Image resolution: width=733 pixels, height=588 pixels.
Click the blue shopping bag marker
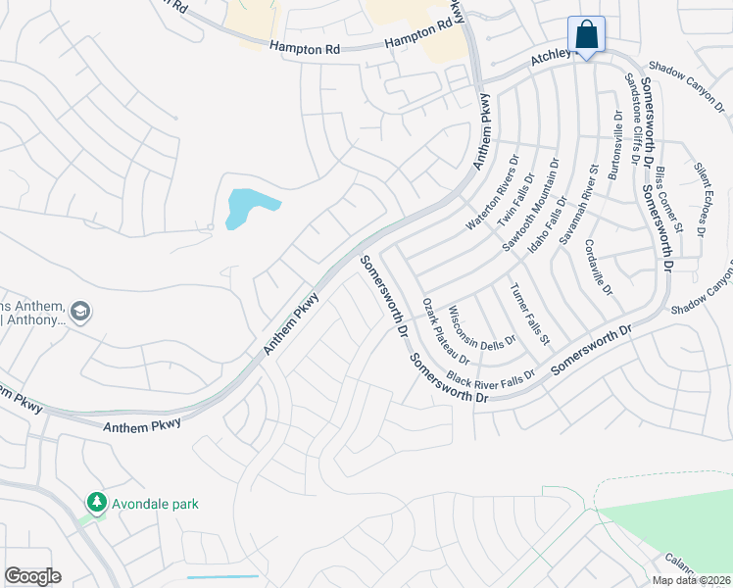(586, 36)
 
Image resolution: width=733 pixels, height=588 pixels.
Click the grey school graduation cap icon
(80, 312)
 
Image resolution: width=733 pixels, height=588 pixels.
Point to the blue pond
(248, 207)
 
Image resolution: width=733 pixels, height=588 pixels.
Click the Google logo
(33, 576)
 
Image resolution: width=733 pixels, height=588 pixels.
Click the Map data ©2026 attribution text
(692, 580)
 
